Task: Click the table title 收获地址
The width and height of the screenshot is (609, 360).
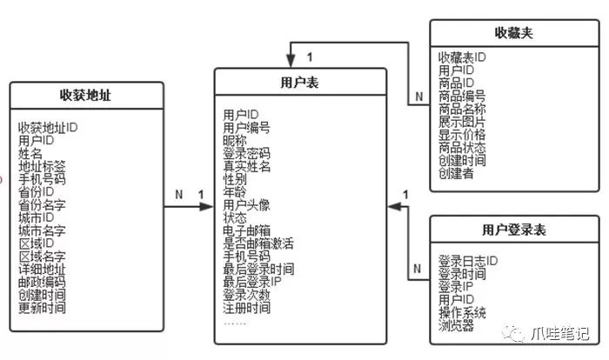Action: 86,95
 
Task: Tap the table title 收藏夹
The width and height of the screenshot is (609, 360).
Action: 513,32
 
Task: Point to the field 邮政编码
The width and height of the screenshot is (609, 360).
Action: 42,283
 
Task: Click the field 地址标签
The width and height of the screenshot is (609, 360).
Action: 42,166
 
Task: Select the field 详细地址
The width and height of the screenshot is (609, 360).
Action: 42,270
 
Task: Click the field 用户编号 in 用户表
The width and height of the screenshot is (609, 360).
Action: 246,127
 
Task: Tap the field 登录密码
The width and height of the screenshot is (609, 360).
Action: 246,153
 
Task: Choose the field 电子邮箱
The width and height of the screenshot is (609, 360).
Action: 246,230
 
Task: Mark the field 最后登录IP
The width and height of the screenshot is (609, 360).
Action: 252,282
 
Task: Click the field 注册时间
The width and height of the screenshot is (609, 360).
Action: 246,308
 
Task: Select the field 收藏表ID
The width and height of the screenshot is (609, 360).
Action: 462,57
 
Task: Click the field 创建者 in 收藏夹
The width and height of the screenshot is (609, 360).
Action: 456,174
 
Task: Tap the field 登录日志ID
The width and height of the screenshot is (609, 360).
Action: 467,261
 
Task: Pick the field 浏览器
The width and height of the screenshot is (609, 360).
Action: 456,326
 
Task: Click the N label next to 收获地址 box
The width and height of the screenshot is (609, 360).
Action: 178,195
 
